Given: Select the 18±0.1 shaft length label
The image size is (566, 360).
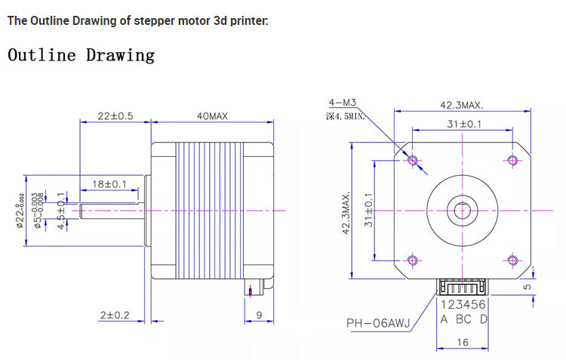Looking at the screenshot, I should point(109,183).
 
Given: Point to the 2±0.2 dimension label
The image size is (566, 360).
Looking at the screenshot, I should point(114,315).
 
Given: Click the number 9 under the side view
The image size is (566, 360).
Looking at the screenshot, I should point(259,315).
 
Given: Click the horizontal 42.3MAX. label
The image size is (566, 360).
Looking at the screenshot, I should point(462,106).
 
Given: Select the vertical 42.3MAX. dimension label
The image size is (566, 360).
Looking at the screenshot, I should point(346,213).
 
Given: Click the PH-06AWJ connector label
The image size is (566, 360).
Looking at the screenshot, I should point(378,324).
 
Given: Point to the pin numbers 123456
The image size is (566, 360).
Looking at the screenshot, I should point(464,305).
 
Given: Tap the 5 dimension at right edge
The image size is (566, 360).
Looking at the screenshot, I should point(528,286).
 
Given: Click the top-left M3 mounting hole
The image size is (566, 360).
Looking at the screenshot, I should point(412,159).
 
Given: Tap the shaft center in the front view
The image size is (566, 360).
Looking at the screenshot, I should point(462,210).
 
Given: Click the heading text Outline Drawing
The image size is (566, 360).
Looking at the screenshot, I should point(81,55).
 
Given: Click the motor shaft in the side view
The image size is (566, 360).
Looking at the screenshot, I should point(109,209).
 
